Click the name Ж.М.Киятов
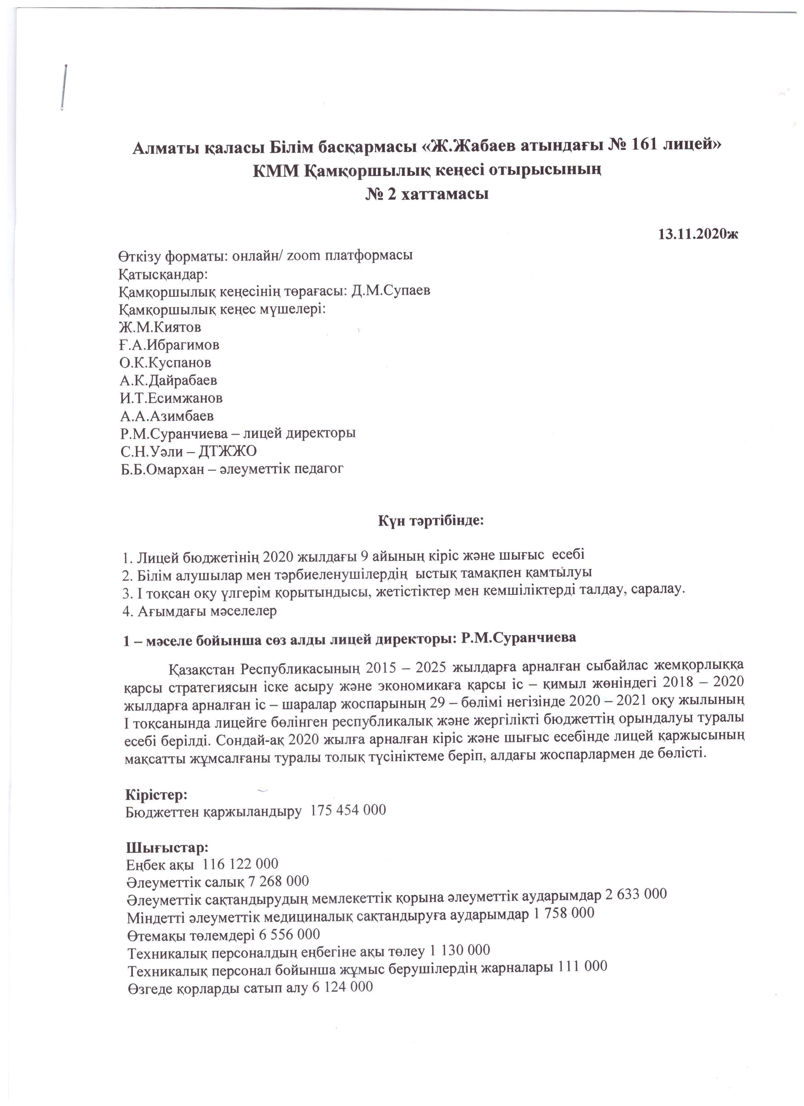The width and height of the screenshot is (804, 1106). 160,327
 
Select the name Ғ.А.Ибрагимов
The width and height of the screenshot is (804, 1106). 169,345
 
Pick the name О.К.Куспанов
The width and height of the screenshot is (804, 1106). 165,362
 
